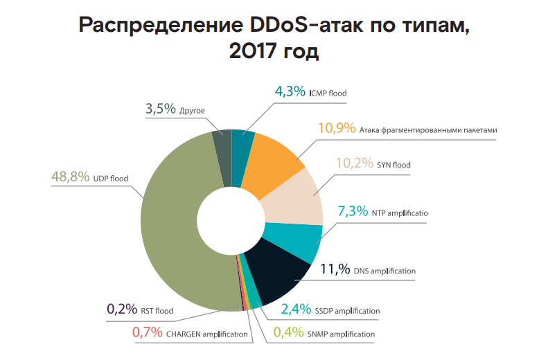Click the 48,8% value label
point(70,177)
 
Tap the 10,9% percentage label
point(337,129)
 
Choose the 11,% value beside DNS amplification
point(334,270)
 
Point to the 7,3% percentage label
point(352,212)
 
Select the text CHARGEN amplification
point(206,334)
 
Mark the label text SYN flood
point(394,165)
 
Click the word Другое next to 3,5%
point(192,110)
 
